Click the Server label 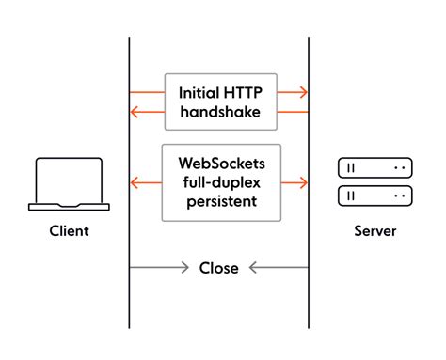pyautogui.click(x=374, y=231)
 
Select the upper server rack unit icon pyautogui.click(x=374, y=168)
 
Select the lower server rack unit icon pyautogui.click(x=374, y=196)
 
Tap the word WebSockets pyautogui.click(x=221, y=162)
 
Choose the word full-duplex pyautogui.click(x=221, y=181)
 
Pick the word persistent pyautogui.click(x=221, y=201)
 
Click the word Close pyautogui.click(x=218, y=268)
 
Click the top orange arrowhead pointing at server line pyautogui.click(x=302, y=92)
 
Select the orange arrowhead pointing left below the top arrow pyautogui.click(x=136, y=113)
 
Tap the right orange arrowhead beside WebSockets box pyautogui.click(x=302, y=181)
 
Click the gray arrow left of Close pyautogui.click(x=160, y=268)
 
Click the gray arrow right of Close pyautogui.click(x=278, y=268)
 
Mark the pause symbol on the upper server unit pyautogui.click(x=351, y=168)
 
